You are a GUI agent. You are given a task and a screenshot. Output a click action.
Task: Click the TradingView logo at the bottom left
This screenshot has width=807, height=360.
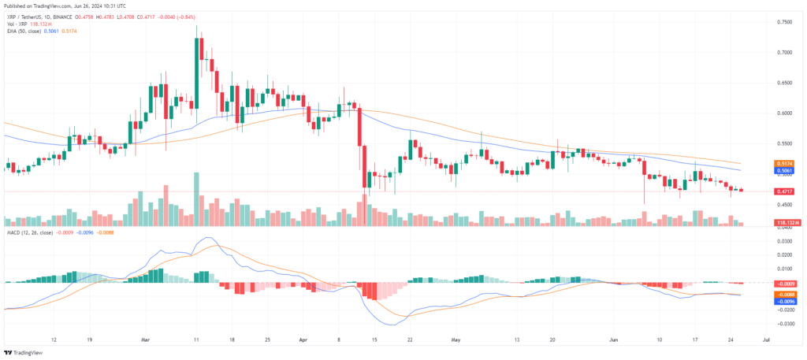tap(24, 352)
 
